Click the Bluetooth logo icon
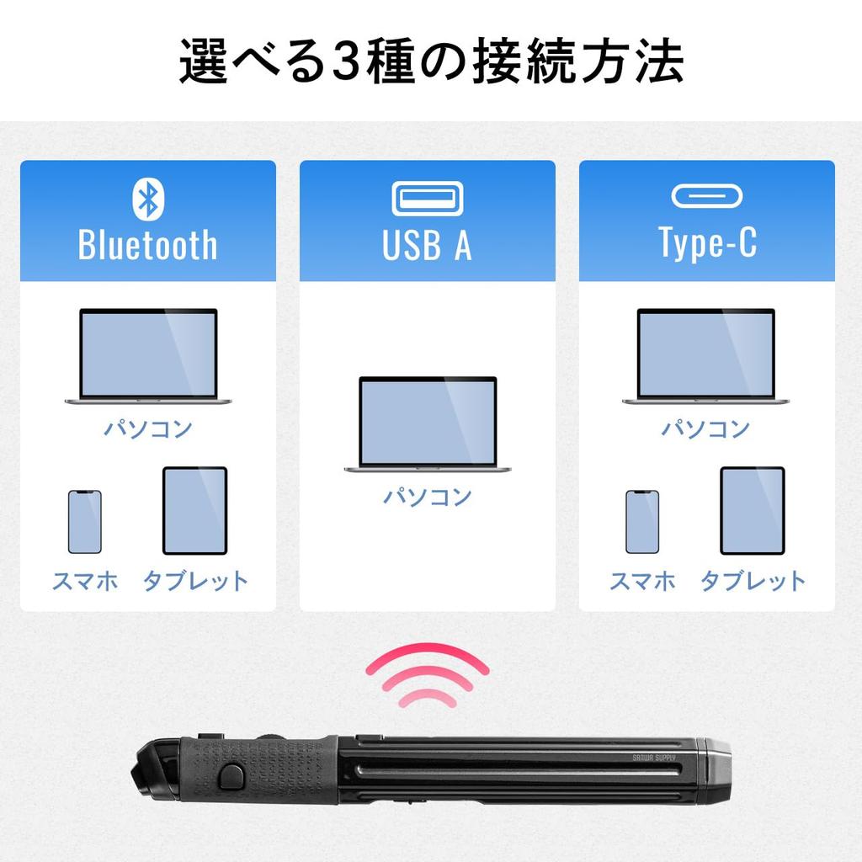coord(147,198)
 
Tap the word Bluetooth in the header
coord(147,243)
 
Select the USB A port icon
coord(427,199)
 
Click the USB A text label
coord(427,243)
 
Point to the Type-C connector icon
coord(706,196)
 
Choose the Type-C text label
coord(707,242)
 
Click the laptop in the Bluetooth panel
coord(148,354)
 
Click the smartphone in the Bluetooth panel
coord(84,522)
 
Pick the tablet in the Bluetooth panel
coord(194,511)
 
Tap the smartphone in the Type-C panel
coord(642,522)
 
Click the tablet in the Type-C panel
coord(753,511)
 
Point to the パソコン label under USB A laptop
coord(428,496)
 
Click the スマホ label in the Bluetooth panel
coord(84,581)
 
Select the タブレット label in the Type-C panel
coord(753,581)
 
